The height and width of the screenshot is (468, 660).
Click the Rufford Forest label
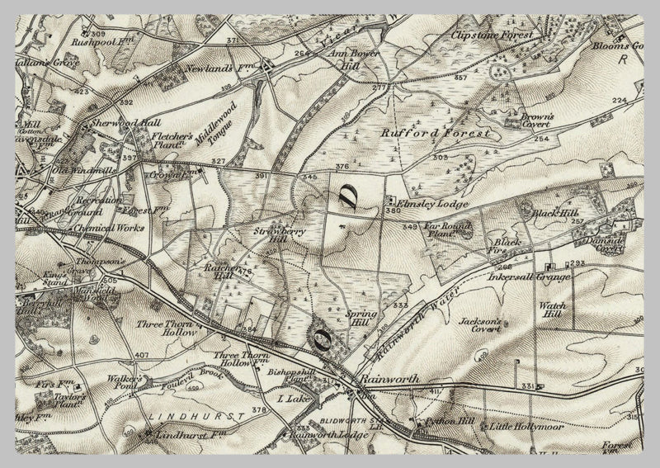point(435,132)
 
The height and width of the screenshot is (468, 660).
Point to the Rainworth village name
point(389,379)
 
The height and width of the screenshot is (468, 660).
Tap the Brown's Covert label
point(535,121)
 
